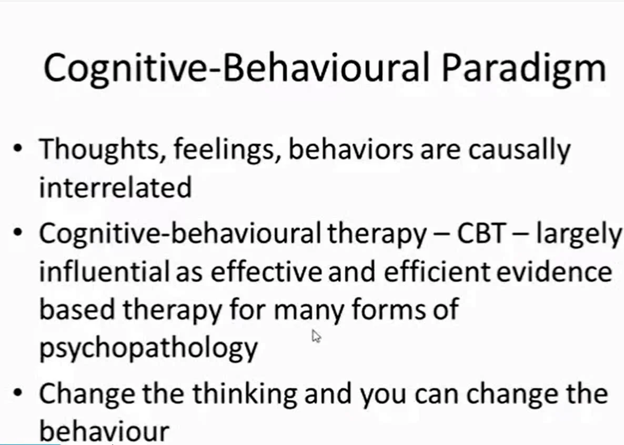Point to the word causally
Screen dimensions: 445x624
pyautogui.click(x=519, y=150)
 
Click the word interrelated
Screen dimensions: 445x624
pyautogui.click(x=115, y=187)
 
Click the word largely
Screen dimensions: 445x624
pyautogui.click(x=578, y=235)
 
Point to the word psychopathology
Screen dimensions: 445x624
pyautogui.click(x=148, y=347)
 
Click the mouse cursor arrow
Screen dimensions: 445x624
pyautogui.click(x=316, y=336)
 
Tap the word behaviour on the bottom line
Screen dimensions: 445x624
pyautogui.click(x=104, y=431)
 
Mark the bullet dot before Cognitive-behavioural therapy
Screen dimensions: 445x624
pyautogui.click(x=19, y=235)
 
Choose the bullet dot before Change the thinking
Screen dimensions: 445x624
pyautogui.click(x=19, y=395)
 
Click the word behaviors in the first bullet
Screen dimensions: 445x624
pyautogui.click(x=353, y=150)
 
